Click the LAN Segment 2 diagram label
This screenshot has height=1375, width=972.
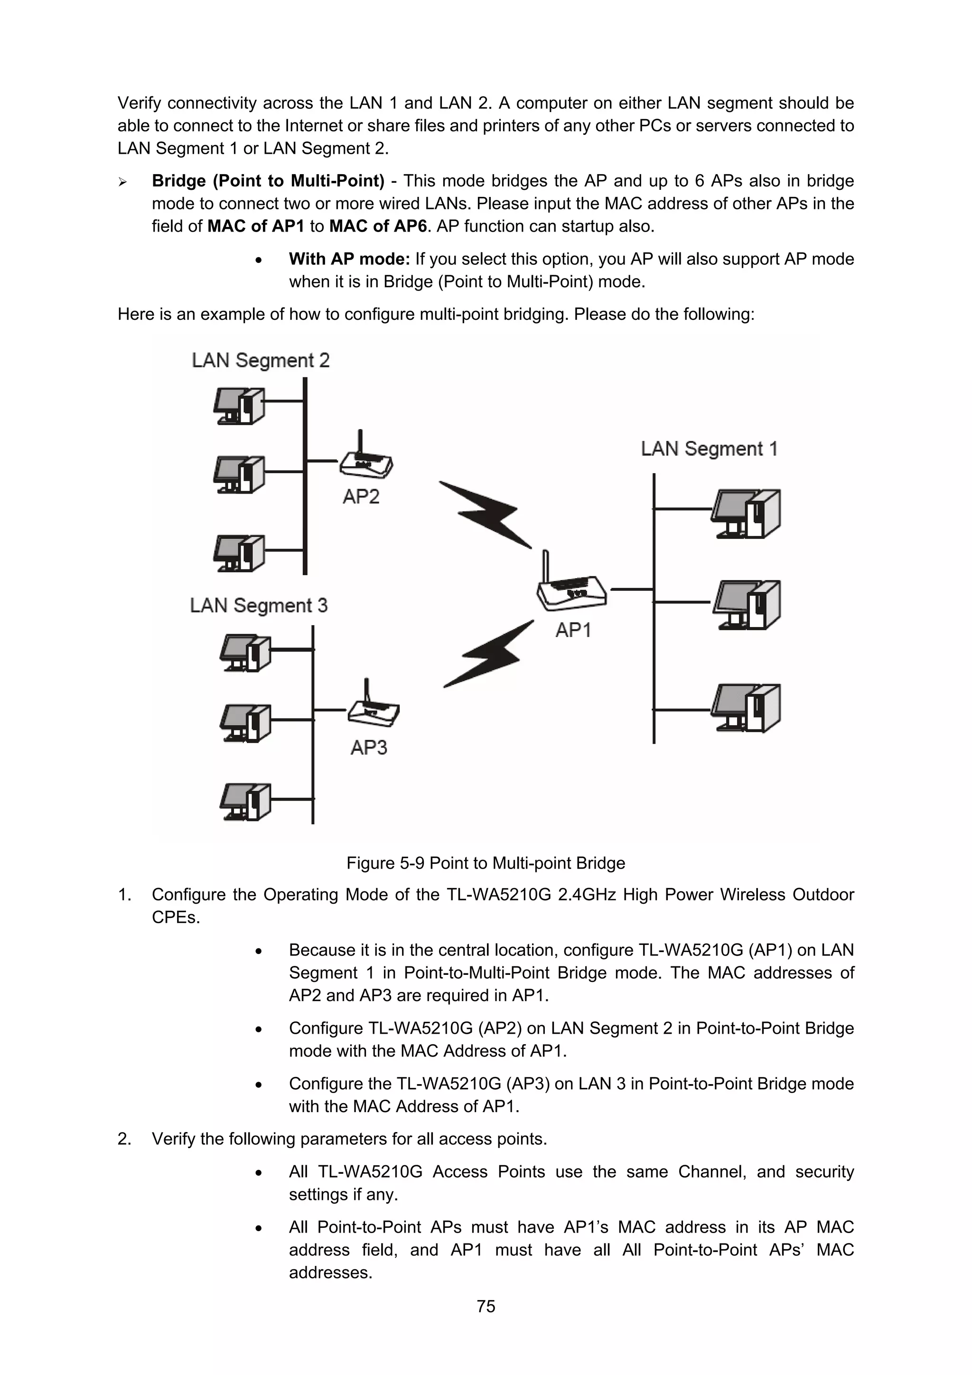261,361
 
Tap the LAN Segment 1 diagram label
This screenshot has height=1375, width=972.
709,449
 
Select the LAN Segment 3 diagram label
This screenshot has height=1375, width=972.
259,606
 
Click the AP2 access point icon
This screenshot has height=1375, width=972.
366,458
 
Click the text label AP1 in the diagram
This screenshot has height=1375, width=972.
573,630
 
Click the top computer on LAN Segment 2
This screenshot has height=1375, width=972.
239,406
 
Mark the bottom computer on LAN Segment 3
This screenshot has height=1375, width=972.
245,802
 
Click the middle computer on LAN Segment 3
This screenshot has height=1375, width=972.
245,723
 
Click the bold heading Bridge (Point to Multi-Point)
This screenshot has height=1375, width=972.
268,181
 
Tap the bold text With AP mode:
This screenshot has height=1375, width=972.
349,259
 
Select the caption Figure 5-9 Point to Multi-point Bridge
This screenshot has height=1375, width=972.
486,863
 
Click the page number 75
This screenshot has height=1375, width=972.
486,1306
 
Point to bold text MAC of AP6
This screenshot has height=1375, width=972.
378,226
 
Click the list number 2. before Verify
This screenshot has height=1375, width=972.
124,1139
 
